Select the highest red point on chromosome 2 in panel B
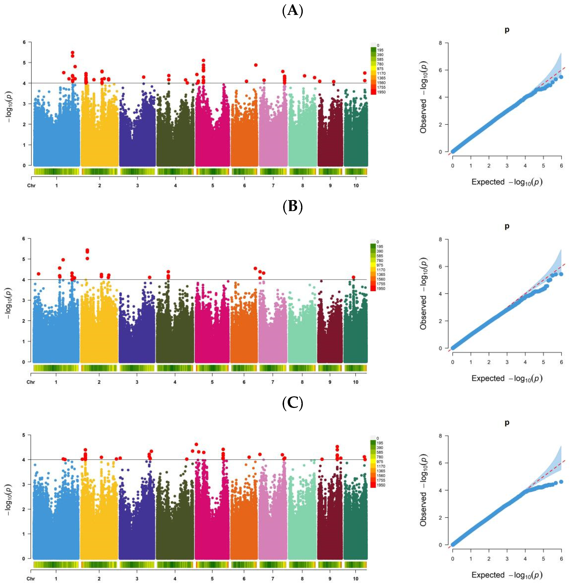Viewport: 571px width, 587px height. point(87,250)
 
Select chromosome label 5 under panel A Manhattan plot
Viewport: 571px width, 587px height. point(213,186)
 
